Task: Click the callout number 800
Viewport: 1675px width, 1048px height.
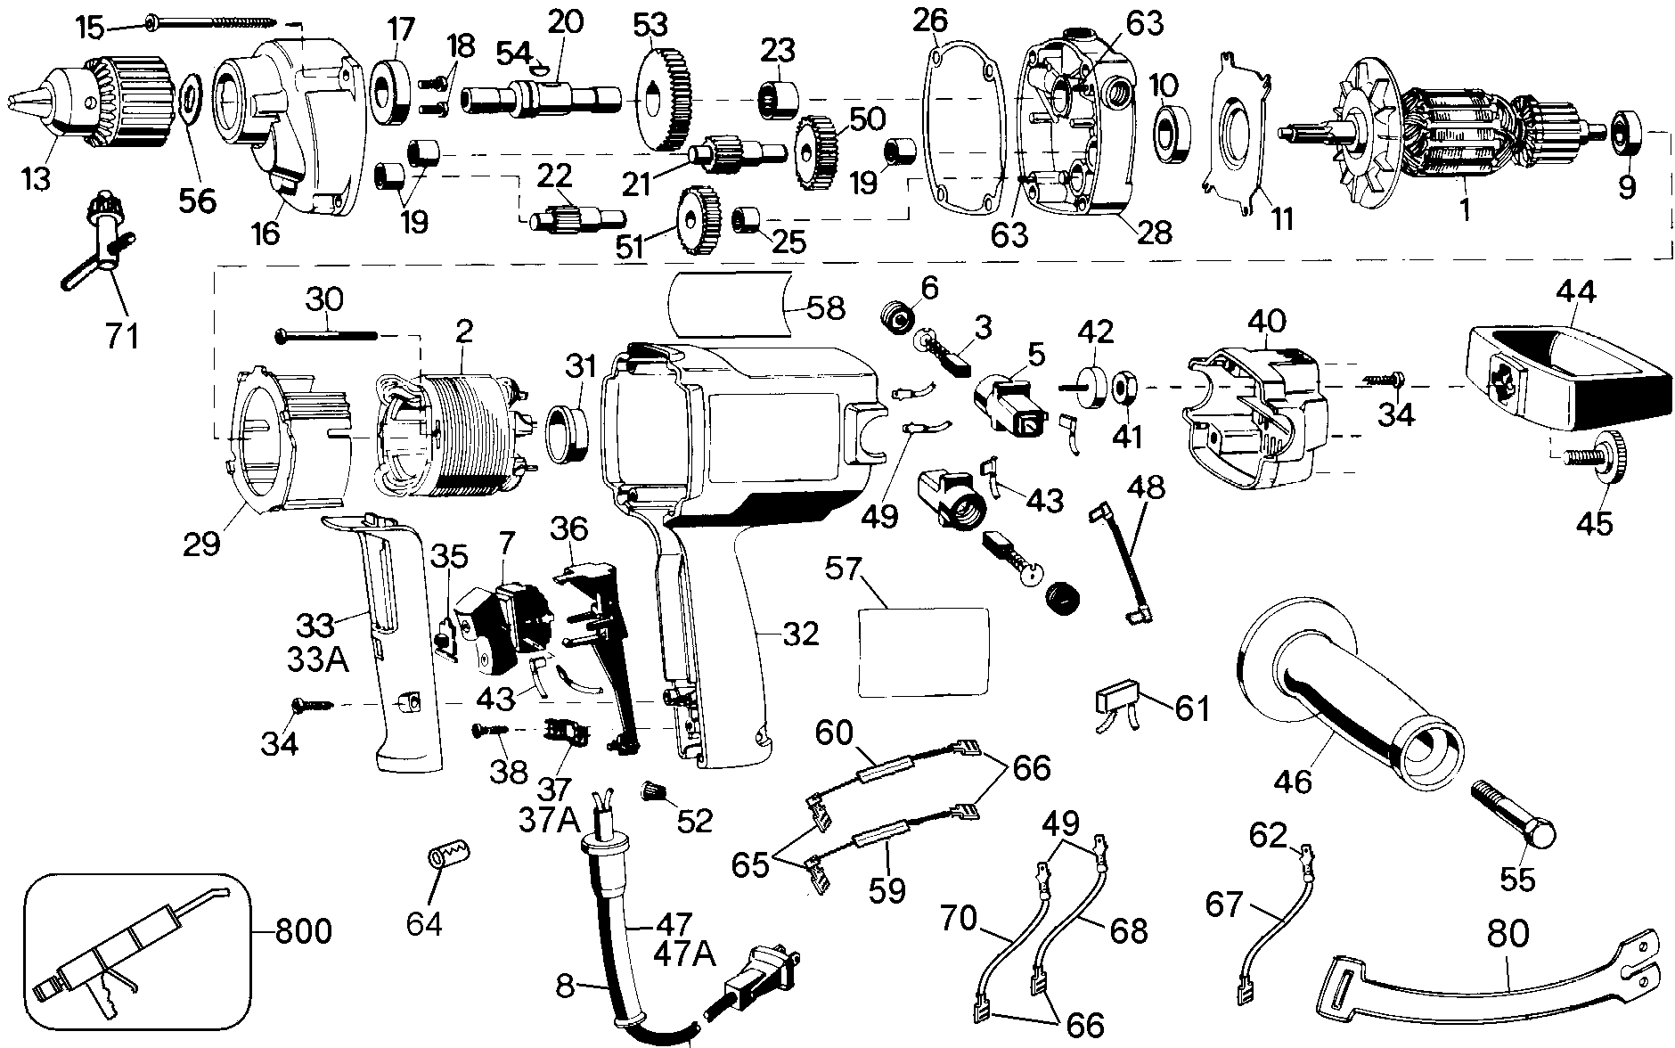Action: pos(302,932)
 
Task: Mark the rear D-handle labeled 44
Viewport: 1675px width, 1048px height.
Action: pos(1568,383)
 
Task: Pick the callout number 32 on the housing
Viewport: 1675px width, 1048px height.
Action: pos(800,634)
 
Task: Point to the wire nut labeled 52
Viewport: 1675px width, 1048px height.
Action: pos(656,790)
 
